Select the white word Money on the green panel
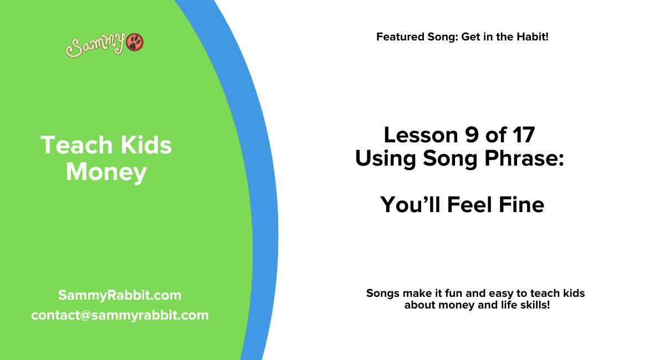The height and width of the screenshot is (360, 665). pyautogui.click(x=106, y=172)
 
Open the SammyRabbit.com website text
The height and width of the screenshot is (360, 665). pyautogui.click(x=120, y=295)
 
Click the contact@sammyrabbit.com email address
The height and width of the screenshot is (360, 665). pyautogui.click(x=120, y=315)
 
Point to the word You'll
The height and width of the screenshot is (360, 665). pyautogui.click(x=410, y=205)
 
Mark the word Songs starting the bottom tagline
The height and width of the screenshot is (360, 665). pyautogui.click(x=382, y=293)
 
